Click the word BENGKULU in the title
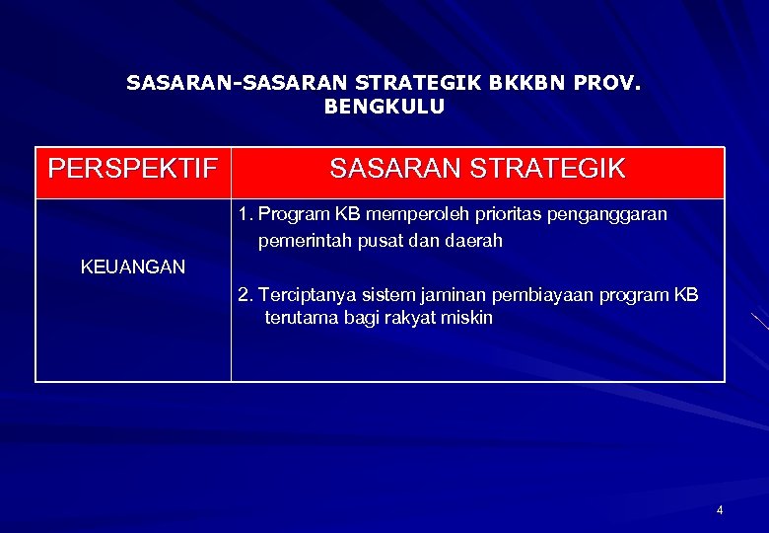coord(384,107)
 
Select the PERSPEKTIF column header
coord(133,170)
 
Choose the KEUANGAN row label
coord(132,266)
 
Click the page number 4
coord(720,510)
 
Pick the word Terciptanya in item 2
coord(304,295)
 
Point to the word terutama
coord(303,318)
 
